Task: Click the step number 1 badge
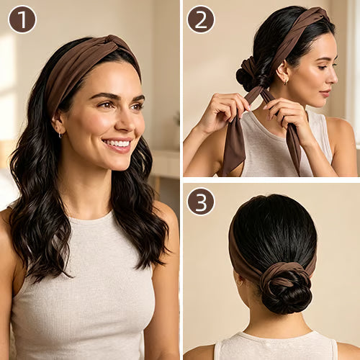22,19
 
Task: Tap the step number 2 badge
201,19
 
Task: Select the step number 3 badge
201,202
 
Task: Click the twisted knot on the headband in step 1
117,44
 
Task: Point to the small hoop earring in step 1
60,135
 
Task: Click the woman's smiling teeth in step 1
118,143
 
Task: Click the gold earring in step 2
285,81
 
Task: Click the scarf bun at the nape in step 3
284,287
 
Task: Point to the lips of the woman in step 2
325,93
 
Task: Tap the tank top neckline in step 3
276,336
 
